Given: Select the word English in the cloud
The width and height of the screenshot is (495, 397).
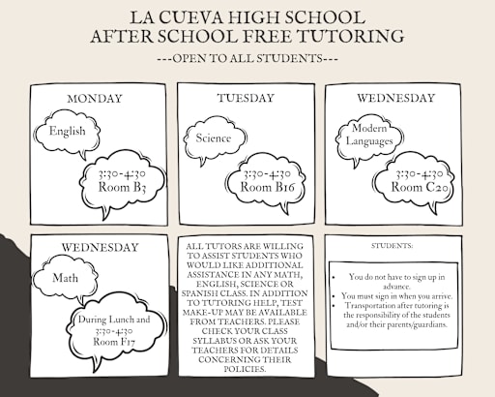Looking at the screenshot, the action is [x=67, y=131].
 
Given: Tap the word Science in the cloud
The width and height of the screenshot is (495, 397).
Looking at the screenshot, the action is [x=214, y=137].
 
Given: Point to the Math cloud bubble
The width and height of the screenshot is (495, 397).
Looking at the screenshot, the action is [x=66, y=278].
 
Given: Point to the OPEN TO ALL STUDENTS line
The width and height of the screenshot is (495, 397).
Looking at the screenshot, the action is [x=247, y=58].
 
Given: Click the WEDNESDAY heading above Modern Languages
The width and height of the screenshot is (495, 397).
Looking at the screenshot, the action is [x=395, y=99].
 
